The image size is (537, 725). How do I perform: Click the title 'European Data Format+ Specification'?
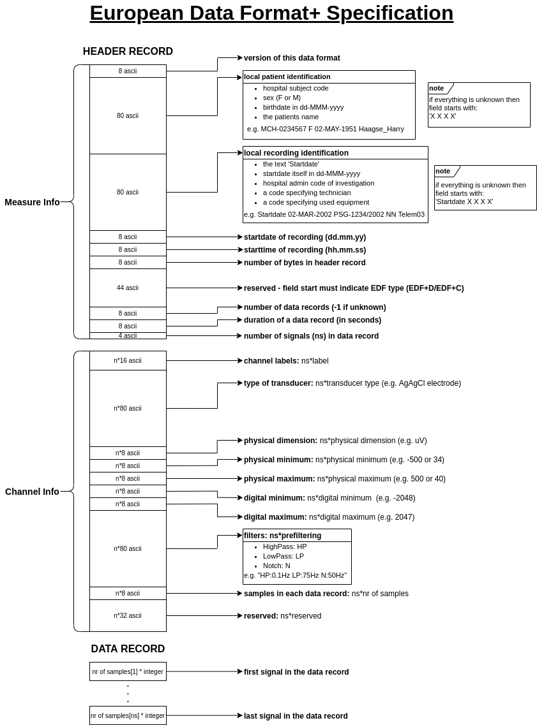pyautogui.click(x=271, y=13)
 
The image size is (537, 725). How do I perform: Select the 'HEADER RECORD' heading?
pyautogui.click(x=128, y=52)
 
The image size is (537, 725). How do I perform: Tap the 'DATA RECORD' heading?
pyautogui.click(x=128, y=649)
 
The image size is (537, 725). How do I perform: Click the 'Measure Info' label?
pyautogui.click(x=32, y=202)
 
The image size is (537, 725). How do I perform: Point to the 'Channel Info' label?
pyautogui.click(x=32, y=492)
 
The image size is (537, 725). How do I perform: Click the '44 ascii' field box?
pyautogui.click(x=128, y=288)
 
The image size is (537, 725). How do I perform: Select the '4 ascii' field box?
pyautogui.click(x=128, y=336)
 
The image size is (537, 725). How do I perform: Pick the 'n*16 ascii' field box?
pyautogui.click(x=128, y=361)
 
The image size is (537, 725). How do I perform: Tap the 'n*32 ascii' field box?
pyautogui.click(x=128, y=616)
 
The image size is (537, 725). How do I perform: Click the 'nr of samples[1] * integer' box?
pyautogui.click(x=128, y=671)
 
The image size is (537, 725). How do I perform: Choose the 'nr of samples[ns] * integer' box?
pyautogui.click(x=128, y=715)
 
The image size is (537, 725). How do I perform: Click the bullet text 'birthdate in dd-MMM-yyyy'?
pyautogui.click(x=303, y=107)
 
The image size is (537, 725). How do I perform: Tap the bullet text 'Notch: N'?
pyautogui.click(x=276, y=566)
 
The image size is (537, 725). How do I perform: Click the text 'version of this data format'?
pyautogui.click(x=292, y=58)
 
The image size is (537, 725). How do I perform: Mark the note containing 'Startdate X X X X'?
pyautogui.click(x=485, y=187)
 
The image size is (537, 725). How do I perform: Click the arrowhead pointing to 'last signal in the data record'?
pyautogui.click(x=240, y=715)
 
